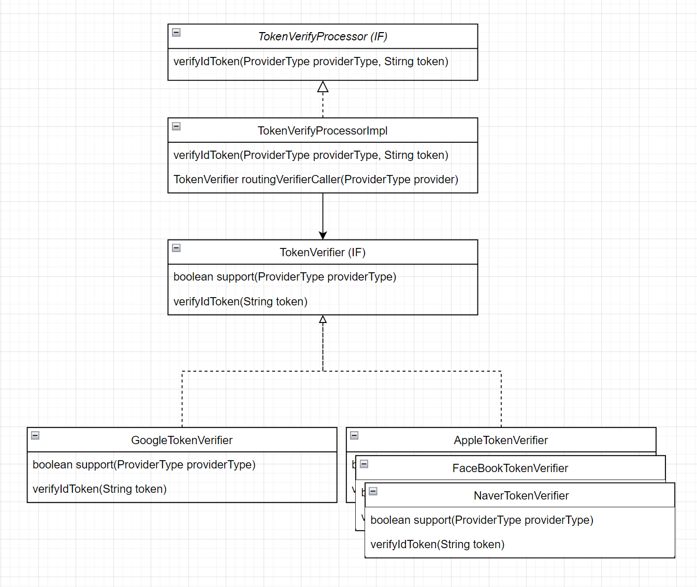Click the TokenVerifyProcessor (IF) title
pos(323,37)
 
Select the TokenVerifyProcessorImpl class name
pos(323,131)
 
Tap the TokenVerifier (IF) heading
pos(323,253)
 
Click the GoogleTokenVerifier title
pos(182,441)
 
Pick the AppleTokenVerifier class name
pos(501,441)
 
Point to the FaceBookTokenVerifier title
pos(510,468)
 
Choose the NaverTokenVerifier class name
pos(521,496)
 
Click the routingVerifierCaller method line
pos(316,180)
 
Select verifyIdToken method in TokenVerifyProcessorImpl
pos(311,155)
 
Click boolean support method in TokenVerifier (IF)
pos(285,277)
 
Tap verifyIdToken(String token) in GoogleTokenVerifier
pos(99,489)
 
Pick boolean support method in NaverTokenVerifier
pos(482,520)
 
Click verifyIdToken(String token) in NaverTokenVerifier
pos(437,545)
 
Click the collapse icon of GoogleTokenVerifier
pos(35,435)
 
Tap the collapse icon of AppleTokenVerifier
pos(354,435)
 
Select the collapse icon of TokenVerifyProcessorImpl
pos(176,126)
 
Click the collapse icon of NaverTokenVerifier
pos(373,491)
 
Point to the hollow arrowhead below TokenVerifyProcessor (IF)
pos(323,86)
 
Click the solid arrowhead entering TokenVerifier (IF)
pos(323,236)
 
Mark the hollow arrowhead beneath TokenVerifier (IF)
pos(323,319)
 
